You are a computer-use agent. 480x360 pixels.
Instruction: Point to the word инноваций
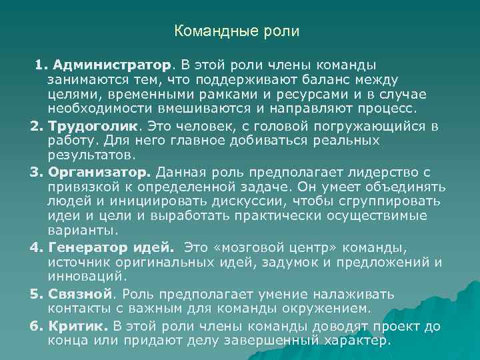coord(83,276)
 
